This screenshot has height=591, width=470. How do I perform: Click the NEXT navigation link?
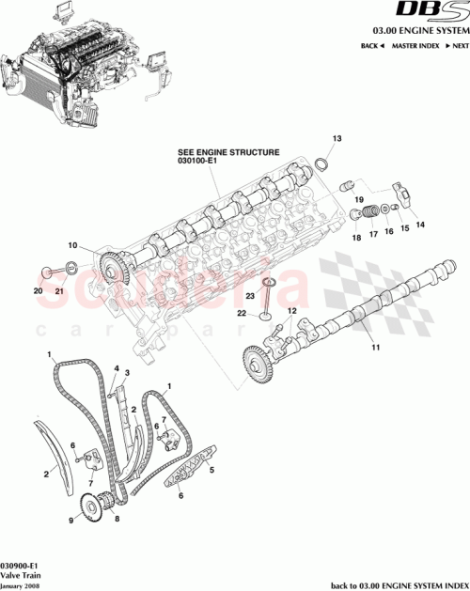click(457, 45)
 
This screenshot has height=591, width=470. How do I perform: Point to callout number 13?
click(336, 139)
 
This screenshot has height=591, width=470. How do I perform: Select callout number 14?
click(420, 224)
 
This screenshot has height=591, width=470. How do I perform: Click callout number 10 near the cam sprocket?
click(72, 247)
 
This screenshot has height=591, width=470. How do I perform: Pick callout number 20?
click(39, 291)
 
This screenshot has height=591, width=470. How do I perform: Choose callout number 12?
click(292, 311)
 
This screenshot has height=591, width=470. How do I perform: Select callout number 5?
click(211, 470)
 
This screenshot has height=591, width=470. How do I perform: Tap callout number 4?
click(116, 368)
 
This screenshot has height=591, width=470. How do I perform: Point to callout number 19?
click(358, 199)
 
